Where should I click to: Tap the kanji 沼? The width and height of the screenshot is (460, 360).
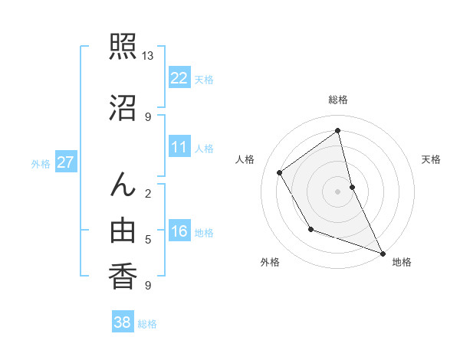123,108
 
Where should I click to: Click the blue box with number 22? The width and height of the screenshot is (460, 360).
179,78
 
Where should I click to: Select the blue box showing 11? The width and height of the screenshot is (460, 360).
179,148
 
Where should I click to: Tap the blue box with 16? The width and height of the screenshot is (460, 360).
179,232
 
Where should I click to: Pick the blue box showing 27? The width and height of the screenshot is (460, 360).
66,162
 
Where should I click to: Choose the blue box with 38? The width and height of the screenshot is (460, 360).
123,322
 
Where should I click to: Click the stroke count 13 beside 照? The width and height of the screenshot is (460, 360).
147,56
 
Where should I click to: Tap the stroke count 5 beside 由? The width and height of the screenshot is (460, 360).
148,240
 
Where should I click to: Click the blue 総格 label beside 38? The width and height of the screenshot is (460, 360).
147,324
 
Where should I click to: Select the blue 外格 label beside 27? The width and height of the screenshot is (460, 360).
41,163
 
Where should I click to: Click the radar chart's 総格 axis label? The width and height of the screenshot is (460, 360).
338,100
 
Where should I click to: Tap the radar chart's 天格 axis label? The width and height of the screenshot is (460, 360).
431,159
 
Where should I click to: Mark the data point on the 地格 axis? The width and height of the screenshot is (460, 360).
383,254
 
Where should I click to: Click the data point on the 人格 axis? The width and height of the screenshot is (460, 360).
280,172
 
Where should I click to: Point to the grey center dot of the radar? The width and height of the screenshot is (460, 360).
338,191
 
